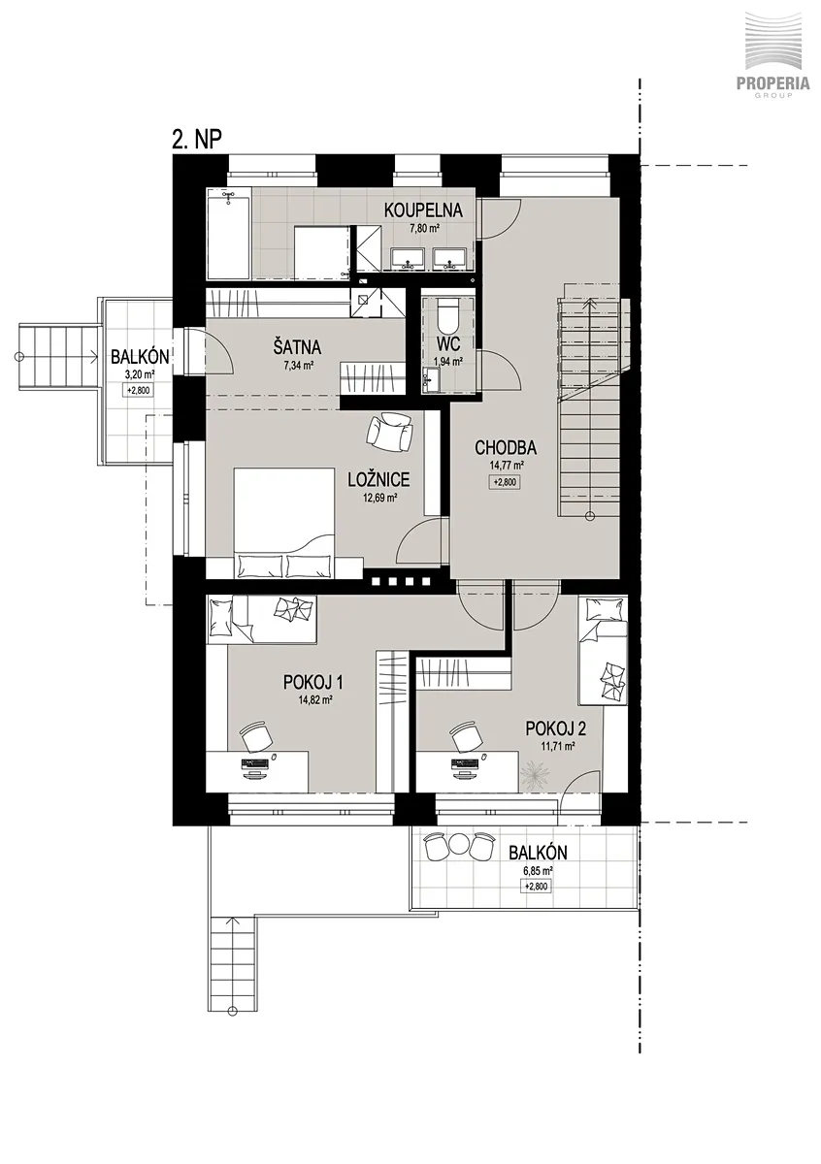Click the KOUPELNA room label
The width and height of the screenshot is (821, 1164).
(x=423, y=210)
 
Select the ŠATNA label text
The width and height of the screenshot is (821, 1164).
(x=297, y=347)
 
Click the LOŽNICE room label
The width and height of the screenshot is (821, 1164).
(x=379, y=479)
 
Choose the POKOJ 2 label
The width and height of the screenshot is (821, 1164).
(x=556, y=728)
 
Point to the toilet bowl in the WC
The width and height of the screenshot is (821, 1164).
(x=447, y=315)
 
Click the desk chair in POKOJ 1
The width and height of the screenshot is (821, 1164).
(x=255, y=735)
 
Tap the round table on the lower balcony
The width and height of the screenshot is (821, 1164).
(x=459, y=846)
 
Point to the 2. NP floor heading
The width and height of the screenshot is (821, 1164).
(x=197, y=140)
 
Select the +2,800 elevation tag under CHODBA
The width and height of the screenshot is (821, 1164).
(x=504, y=482)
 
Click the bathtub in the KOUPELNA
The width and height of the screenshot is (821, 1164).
(x=229, y=235)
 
